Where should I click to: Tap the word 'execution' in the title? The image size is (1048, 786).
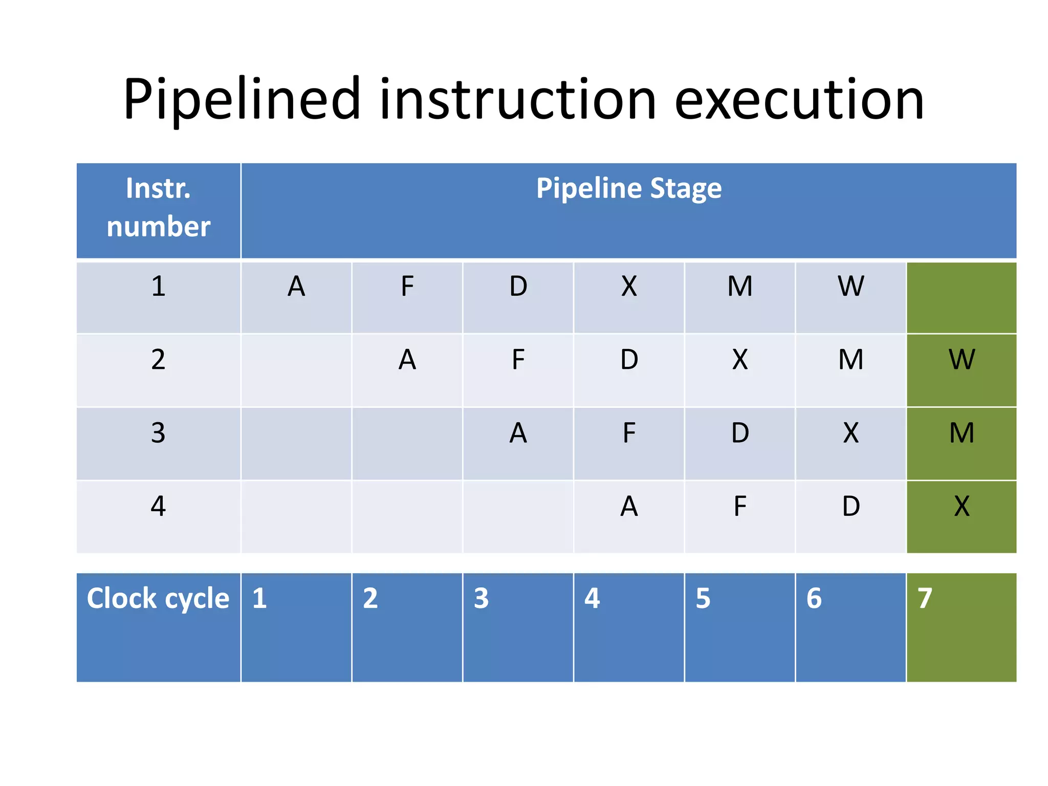799,100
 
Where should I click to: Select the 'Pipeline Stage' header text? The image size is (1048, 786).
628,188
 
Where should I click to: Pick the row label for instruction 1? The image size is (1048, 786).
158,286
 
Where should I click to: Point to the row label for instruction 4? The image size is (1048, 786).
158,507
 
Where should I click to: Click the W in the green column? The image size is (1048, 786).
961,360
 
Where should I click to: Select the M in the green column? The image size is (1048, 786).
961,433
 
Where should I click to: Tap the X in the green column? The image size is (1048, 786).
961,507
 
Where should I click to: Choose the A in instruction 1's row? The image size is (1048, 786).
296,286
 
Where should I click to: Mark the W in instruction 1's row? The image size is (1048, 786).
850,286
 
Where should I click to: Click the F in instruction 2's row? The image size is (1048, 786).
518,360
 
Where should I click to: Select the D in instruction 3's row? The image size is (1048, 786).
739,433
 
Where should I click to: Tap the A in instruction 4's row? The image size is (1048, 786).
628,507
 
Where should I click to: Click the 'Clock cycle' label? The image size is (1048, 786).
158,598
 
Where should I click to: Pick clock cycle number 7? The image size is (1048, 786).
924,598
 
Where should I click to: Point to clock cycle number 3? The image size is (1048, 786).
481,598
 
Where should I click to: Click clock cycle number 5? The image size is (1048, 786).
703,598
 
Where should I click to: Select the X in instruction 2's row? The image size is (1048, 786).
739,360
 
